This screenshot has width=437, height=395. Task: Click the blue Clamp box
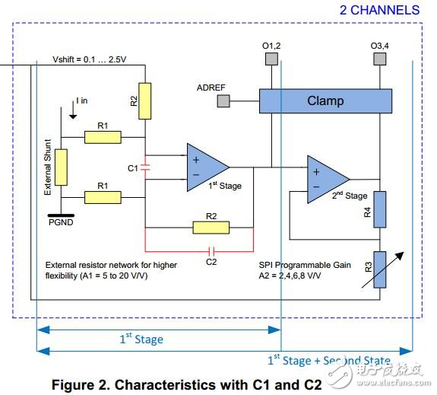(325, 101)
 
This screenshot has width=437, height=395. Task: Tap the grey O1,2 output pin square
(271, 59)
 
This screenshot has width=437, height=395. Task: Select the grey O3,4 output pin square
(379, 59)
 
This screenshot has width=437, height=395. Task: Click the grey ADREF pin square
(223, 100)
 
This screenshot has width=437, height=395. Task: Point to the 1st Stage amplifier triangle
(205, 167)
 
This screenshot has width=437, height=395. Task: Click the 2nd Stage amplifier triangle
(325, 180)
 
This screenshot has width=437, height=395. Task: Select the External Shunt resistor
(61, 167)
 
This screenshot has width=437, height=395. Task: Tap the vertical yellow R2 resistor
(145, 101)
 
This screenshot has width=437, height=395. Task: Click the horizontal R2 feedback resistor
(211, 228)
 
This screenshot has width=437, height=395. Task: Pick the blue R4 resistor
(379, 209)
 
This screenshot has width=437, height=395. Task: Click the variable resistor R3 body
(379, 269)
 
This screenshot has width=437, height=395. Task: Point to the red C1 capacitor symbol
(145, 167)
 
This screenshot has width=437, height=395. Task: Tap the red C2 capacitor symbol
(211, 251)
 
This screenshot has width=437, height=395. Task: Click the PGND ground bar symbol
(61, 215)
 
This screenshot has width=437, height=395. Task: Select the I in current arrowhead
(73, 116)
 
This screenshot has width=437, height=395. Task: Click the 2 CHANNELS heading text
(379, 11)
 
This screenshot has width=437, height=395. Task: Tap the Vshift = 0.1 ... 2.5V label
(90, 59)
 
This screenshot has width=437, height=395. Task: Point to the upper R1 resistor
(103, 137)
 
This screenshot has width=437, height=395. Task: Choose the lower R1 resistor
(103, 197)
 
